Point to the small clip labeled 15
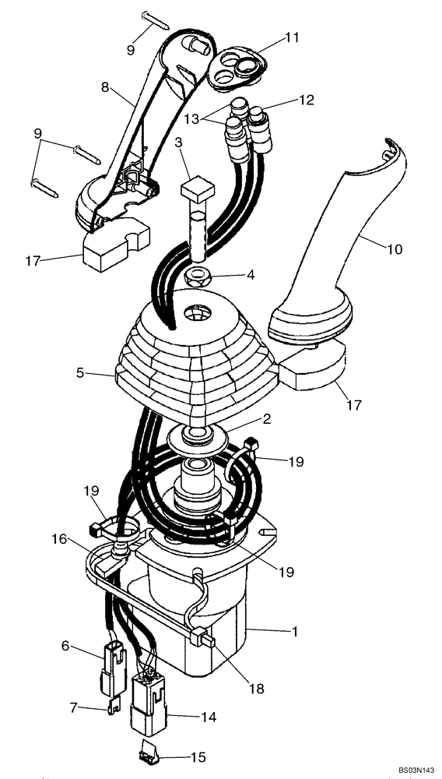[149, 753]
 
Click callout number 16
[59, 538]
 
